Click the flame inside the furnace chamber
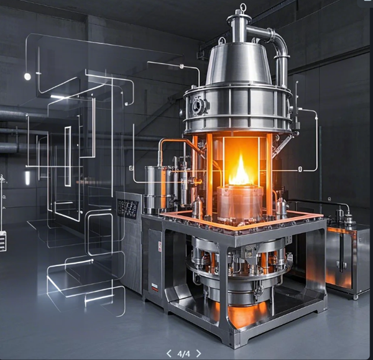coord(241,171)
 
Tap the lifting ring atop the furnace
coord(243,6)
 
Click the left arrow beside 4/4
coord(169,354)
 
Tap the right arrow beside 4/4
coord(199,354)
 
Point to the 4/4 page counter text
coord(183,354)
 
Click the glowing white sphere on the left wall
coord(27,76)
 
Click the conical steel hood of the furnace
coord(239,64)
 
